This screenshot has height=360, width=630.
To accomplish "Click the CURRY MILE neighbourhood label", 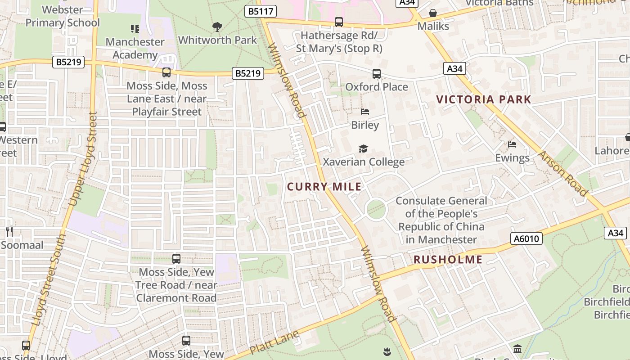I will pos(324,187).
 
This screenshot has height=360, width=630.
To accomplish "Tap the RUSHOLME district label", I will pos(448,260).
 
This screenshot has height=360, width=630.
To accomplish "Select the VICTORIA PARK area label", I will pos(484,99).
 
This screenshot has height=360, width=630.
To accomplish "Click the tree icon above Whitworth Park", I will pos(217,27).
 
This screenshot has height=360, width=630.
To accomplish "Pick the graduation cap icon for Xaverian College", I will pos(363,149).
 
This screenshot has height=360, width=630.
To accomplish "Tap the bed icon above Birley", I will pos(365,112).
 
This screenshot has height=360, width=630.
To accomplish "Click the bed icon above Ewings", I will pos(512,144).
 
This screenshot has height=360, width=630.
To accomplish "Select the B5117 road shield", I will pos(261,11).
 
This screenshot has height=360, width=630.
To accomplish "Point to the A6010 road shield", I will pos(526,238).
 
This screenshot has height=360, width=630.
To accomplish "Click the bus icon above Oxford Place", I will pos(377,74).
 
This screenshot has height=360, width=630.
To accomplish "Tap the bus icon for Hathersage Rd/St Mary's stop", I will pos(339,22).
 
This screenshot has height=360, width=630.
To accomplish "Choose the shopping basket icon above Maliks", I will pos(433,13).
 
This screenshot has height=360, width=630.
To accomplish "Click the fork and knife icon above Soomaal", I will pos(9,232).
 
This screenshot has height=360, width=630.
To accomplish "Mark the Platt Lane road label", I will pos(274,342).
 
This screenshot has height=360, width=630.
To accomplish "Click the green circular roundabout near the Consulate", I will pos(376,210).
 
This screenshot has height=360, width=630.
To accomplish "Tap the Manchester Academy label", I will pos(135,48).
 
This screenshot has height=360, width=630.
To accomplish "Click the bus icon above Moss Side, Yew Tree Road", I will pos(176,259).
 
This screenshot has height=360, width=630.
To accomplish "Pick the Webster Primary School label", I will pos(63,16).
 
